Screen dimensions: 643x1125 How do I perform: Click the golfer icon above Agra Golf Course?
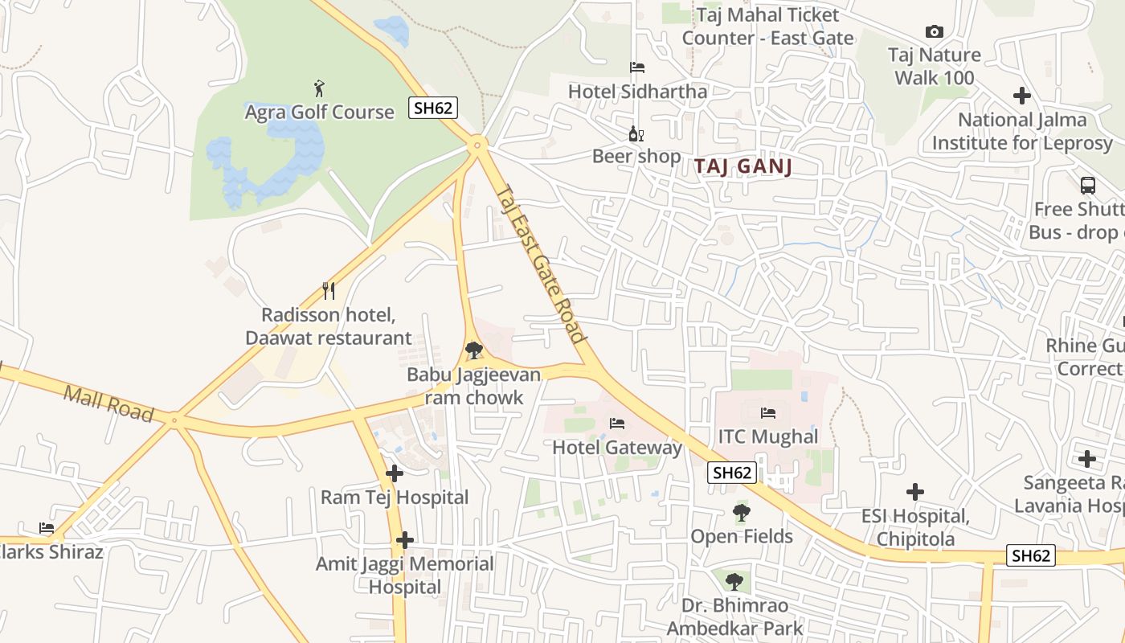(x=320, y=88)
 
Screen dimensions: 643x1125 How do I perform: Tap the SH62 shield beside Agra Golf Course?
(x=432, y=108)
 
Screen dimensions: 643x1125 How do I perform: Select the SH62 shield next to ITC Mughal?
(x=732, y=473)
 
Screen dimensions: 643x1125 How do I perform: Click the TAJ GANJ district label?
(x=743, y=166)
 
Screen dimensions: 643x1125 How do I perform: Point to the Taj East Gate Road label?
(x=540, y=264)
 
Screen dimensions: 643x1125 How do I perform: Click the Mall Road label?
(x=108, y=403)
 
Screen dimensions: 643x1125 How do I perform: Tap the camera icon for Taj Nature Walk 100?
(x=934, y=31)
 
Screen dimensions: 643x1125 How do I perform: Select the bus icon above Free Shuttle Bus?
(x=1087, y=186)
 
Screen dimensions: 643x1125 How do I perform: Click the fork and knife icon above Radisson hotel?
(x=328, y=290)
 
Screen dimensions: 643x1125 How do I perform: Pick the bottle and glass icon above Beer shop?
(x=636, y=133)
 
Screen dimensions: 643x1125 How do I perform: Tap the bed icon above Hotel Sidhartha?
(x=637, y=68)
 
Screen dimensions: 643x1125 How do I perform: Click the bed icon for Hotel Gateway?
(x=616, y=423)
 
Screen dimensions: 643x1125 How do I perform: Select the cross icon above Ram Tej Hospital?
(x=394, y=473)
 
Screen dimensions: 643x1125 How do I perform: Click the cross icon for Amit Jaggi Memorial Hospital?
(x=405, y=540)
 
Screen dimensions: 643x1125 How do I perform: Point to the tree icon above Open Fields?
(x=741, y=512)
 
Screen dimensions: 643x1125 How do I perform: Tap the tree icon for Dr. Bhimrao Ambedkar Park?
(x=733, y=581)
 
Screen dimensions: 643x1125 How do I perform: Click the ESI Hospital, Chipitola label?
(x=915, y=527)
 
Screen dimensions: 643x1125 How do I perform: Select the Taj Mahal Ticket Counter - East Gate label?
(x=767, y=27)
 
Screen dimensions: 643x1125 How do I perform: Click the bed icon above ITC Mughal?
(x=767, y=413)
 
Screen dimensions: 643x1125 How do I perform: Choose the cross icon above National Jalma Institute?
(x=1021, y=96)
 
